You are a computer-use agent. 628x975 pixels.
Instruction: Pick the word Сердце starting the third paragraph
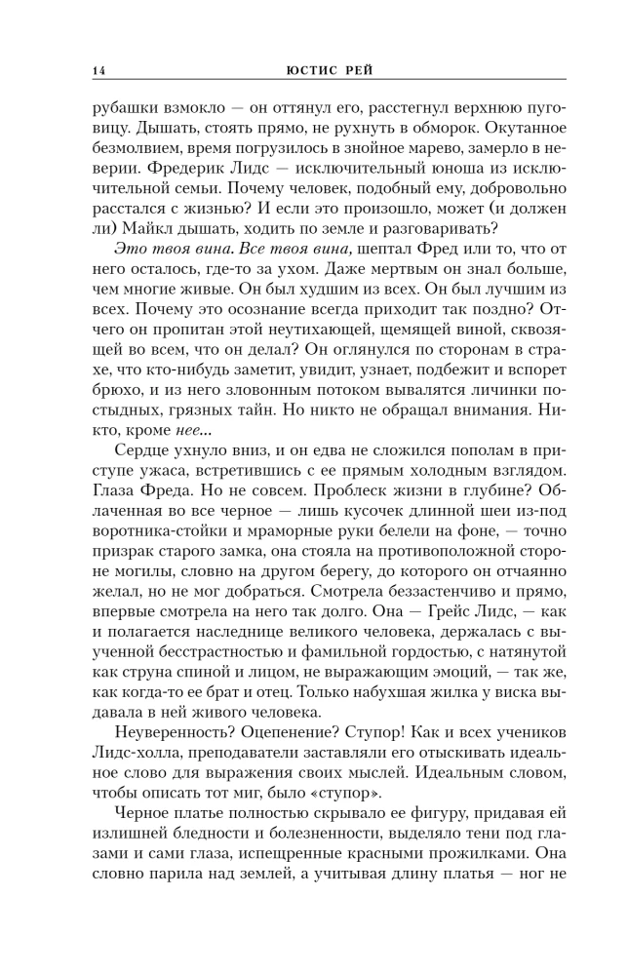[143, 482]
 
